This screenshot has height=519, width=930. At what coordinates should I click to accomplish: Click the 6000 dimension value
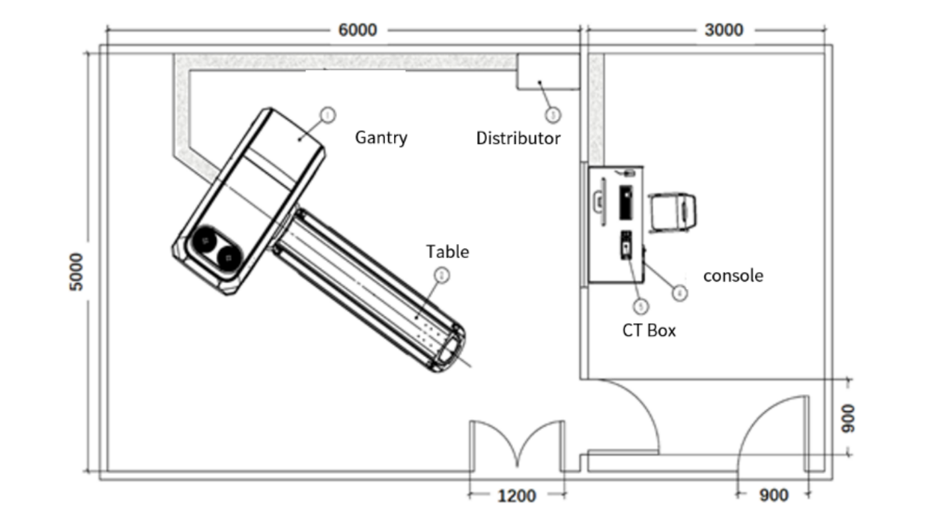click(x=358, y=30)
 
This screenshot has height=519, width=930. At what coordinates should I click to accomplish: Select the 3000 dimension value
click(x=724, y=30)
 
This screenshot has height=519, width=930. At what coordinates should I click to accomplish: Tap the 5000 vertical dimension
click(x=77, y=272)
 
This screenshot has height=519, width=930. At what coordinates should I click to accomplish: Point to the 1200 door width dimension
click(x=516, y=495)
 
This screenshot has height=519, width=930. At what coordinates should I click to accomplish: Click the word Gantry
click(x=381, y=138)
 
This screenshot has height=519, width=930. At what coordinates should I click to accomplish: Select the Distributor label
click(x=518, y=139)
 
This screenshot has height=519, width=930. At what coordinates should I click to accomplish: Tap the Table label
click(x=447, y=252)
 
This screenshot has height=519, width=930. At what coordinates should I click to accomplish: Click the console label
click(x=733, y=276)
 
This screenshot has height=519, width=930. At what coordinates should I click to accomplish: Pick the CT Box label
click(x=649, y=331)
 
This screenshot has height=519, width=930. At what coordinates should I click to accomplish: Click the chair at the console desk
click(x=673, y=212)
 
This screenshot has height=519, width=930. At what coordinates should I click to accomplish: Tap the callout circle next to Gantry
click(x=327, y=115)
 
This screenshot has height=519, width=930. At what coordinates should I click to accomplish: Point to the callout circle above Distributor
click(x=553, y=115)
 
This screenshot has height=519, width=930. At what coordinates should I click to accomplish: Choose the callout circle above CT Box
click(x=640, y=305)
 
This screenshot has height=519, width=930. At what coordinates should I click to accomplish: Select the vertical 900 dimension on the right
click(x=849, y=418)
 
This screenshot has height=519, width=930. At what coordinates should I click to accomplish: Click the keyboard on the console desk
click(x=624, y=202)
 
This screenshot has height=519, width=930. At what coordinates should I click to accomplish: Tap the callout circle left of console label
click(x=679, y=292)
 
